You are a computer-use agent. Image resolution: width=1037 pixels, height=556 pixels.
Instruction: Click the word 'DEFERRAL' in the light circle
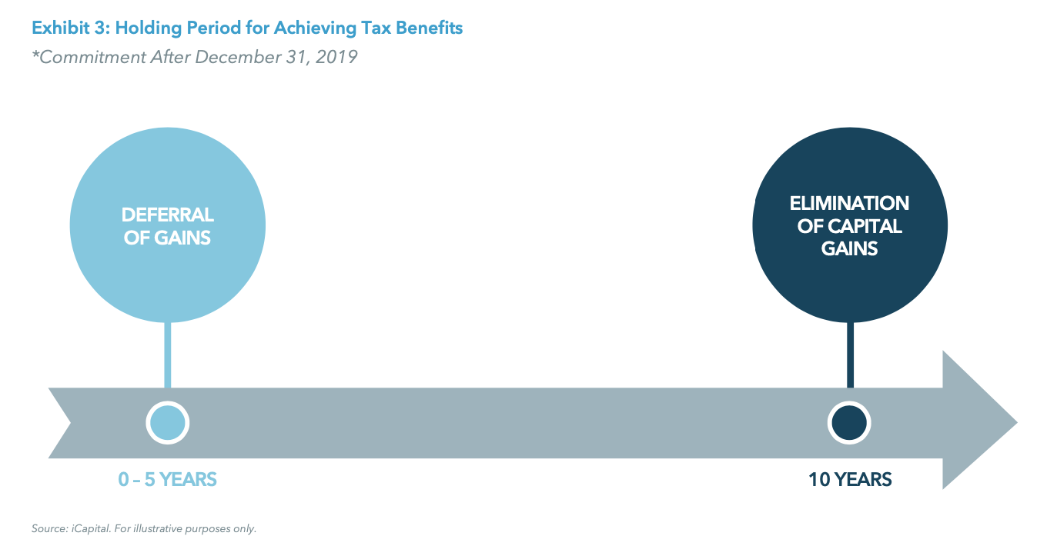[x=167, y=215]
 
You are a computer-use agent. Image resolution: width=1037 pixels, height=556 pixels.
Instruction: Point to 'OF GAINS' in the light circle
[x=167, y=238]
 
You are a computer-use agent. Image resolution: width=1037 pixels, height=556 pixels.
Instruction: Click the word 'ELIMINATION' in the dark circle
[x=849, y=204]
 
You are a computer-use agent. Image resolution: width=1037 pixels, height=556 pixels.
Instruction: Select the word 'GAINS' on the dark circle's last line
[x=849, y=249]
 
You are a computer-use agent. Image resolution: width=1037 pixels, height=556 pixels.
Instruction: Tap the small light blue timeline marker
[x=167, y=423]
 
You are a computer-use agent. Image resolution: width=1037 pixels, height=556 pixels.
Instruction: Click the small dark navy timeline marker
[x=849, y=423]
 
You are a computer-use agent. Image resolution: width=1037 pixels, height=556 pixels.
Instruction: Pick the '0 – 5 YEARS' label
[x=167, y=480]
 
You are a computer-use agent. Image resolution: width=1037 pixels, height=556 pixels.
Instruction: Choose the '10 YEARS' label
[x=850, y=480]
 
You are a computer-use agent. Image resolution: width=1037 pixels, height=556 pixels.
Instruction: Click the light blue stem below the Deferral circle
[x=167, y=354]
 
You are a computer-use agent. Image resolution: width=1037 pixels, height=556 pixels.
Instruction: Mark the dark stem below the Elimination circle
[x=850, y=354]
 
